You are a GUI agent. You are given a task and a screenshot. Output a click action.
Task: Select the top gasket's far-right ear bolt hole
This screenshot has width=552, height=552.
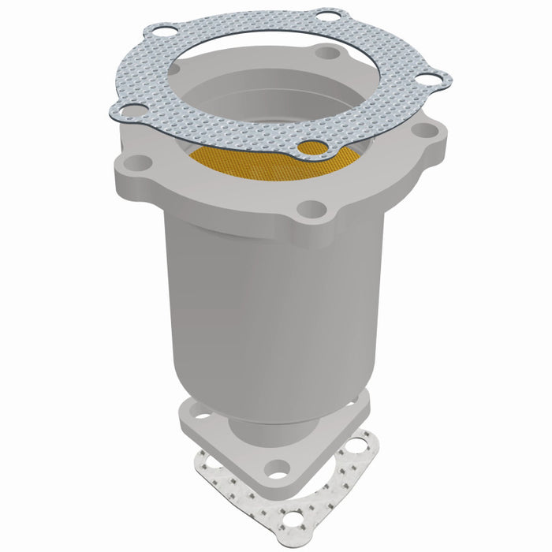tap(430, 79)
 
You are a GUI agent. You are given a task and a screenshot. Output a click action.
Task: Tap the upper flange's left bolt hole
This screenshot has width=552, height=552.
tap(139, 163)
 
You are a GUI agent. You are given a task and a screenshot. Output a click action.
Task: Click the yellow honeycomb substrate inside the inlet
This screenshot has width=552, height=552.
tap(260, 162)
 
